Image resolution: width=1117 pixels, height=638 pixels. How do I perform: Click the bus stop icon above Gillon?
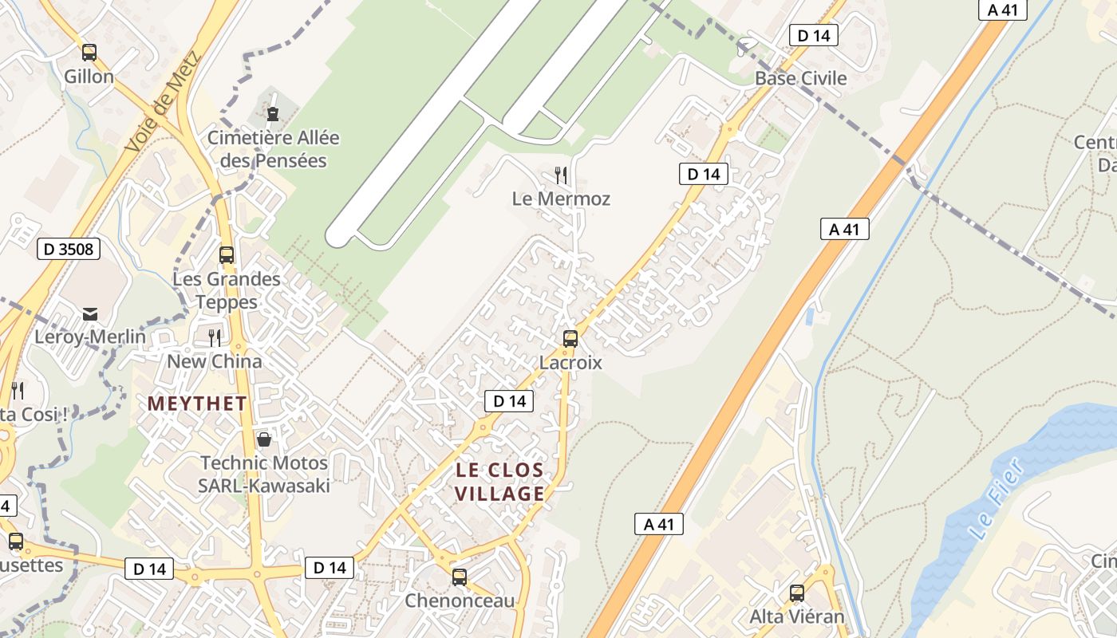pos(89,53)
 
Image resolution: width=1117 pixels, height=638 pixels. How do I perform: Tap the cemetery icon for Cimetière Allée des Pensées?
pos(273,114)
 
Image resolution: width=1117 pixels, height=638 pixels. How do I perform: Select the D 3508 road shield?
pos(69,249)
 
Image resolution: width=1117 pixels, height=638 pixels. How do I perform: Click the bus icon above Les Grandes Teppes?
pos(227,255)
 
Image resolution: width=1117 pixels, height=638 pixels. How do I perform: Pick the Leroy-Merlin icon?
pos(89,313)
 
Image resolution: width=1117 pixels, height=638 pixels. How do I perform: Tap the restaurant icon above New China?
pos(214,338)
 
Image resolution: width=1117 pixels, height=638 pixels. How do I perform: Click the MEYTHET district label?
pos(197,404)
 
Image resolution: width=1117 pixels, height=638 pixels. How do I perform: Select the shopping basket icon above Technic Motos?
pos(263,439)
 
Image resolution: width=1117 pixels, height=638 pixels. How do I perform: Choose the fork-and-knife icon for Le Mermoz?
pos(561,175)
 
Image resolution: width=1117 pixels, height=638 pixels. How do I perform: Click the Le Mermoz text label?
pos(561,199)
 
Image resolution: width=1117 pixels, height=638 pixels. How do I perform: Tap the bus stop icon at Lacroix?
pos(570,338)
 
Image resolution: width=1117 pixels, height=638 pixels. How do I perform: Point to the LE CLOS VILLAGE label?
pos(499,482)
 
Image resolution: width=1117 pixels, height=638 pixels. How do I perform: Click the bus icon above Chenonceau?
pos(459,577)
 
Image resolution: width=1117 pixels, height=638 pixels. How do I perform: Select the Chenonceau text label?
pos(460,601)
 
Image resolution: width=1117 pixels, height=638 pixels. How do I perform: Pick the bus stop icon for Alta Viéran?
pos(796,593)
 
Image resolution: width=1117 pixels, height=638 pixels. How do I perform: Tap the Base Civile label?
pos(800,78)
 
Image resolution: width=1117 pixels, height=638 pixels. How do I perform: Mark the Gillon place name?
pos(89,77)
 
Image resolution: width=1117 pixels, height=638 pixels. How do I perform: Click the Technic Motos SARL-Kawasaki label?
pos(264,474)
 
